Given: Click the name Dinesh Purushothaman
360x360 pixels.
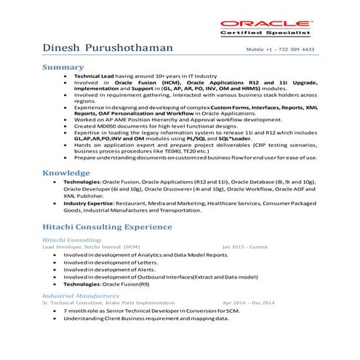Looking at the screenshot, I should point(108,48).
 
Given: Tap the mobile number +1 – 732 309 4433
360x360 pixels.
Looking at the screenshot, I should point(281,49).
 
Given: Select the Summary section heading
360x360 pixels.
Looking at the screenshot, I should point(63,67).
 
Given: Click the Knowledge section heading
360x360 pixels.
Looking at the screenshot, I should point(67,173).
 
